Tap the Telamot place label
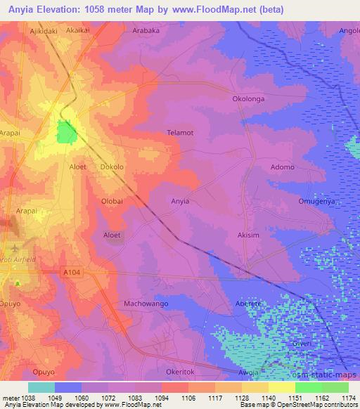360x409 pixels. (180, 132)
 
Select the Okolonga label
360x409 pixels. (248, 99)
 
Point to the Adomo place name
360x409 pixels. (283, 167)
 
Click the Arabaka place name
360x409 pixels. (148, 31)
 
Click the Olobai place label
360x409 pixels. (112, 201)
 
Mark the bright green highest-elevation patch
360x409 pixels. (66, 132)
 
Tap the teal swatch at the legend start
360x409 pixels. (41, 387)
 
